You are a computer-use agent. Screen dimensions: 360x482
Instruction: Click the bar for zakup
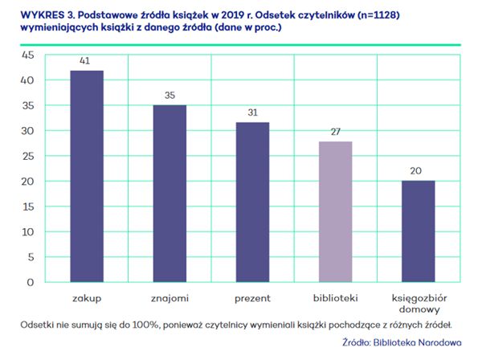87,177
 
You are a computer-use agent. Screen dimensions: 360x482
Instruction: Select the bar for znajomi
170,194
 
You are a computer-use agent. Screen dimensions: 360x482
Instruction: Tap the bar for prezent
252,202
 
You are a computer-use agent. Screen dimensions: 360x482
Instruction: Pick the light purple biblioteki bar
335,212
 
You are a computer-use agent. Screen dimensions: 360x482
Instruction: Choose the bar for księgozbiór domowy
418,231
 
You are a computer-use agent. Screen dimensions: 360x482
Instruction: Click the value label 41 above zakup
87,61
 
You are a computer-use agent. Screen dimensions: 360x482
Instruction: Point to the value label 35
170,96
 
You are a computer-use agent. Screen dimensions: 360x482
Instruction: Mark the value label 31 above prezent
252,112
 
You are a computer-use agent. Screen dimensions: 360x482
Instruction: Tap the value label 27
335,132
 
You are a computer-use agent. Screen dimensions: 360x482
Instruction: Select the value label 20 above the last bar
418,170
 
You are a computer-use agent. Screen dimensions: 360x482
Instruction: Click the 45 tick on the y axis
27,55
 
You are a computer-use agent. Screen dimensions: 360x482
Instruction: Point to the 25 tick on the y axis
27,156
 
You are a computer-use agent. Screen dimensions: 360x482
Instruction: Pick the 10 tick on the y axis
27,232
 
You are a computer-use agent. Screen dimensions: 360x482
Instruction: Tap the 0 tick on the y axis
31,283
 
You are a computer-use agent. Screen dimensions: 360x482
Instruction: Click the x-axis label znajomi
170,299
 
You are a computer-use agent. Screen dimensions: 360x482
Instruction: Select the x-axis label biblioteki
335,299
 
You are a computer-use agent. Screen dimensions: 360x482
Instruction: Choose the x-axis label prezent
252,299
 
